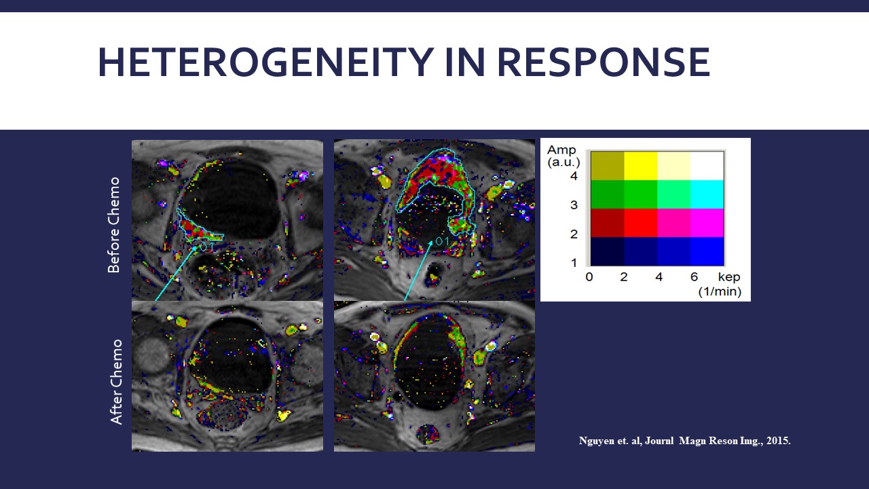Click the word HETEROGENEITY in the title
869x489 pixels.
pos(265,62)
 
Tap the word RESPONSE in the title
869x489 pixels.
pos(604,62)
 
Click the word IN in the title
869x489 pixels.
pos(465,62)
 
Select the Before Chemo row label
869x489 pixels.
pos(113,225)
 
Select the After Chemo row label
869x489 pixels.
pos(115,382)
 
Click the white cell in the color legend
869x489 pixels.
pos(707,166)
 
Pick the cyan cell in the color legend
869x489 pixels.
pos(707,194)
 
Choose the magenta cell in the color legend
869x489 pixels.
pos(707,223)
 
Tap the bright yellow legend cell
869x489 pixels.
pos(641,166)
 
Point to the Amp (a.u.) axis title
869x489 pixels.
pos(563,156)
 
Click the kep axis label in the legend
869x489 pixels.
pos(729,277)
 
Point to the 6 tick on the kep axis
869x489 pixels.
pos(694,276)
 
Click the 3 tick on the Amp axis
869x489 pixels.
pos(574,205)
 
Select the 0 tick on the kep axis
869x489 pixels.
pos(589,276)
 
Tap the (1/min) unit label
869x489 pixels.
pos(720,291)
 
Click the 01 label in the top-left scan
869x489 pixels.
pos(206,247)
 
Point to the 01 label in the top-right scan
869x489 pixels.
pos(442,241)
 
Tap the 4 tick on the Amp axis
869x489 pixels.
pos(574,176)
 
